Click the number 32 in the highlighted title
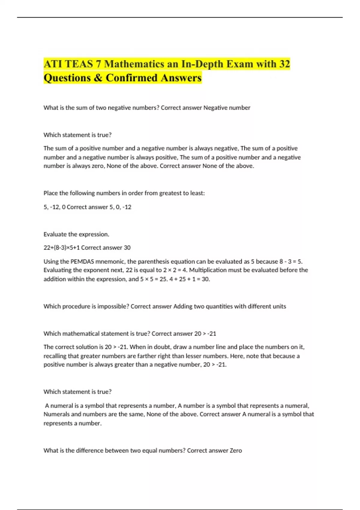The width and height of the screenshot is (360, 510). pyautogui.click(x=284, y=64)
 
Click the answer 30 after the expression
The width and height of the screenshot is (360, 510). pyautogui.click(x=127, y=247)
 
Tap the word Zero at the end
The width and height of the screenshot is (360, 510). pyautogui.click(x=236, y=450)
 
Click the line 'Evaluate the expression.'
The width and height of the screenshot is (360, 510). pyautogui.click(x=76, y=234)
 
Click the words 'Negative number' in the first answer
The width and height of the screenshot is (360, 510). pyautogui.click(x=227, y=108)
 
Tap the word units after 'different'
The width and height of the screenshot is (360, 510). pyautogui.click(x=279, y=306)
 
